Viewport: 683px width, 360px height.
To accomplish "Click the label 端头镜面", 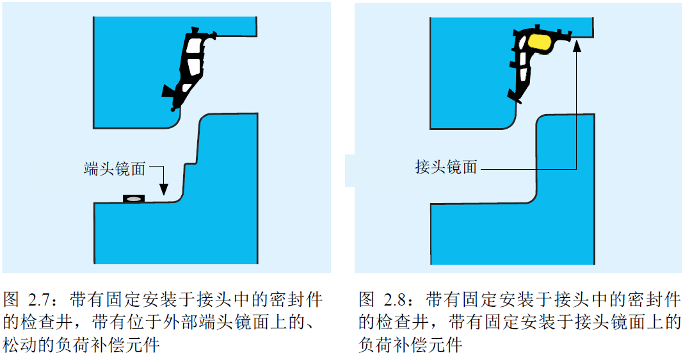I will (x=115, y=168).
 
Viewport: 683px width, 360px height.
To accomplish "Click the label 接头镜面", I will (x=446, y=168).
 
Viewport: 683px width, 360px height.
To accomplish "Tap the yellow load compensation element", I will (x=540, y=42).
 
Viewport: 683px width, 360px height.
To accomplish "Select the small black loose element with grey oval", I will (x=133, y=199).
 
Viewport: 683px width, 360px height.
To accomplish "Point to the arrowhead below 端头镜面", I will (x=164, y=190).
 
